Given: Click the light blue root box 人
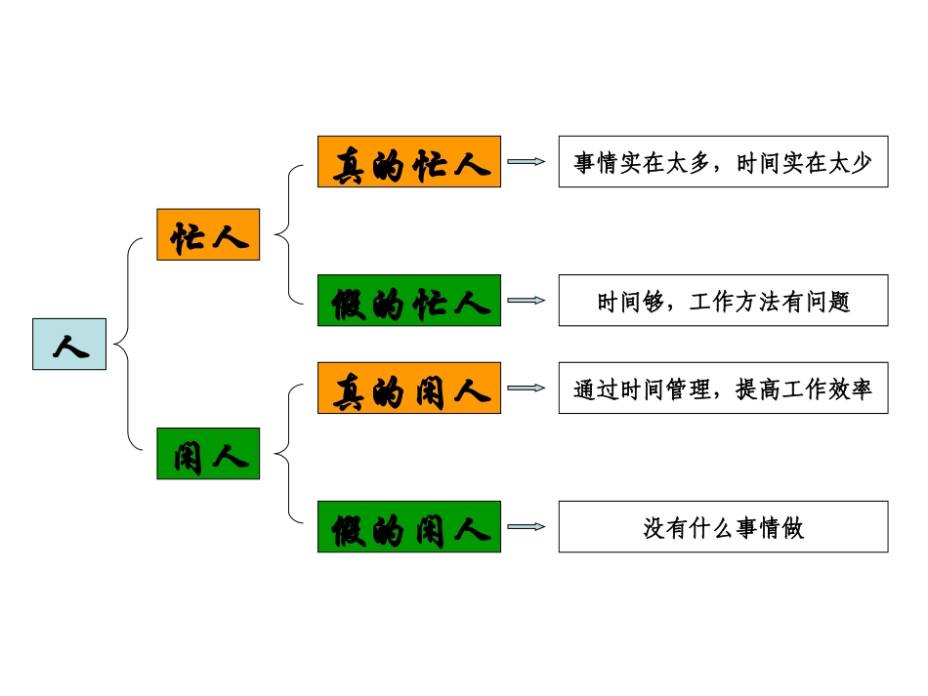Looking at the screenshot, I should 69,344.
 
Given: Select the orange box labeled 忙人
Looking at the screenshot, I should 208,234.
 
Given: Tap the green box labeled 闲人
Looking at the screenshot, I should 208,453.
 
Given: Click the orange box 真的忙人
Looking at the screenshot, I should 408,162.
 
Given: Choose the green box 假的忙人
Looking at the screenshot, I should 408,301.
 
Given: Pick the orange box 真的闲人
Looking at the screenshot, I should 408,389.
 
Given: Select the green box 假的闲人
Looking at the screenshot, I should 408,527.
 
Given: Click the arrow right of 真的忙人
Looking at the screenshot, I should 527,162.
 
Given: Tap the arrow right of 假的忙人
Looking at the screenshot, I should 527,301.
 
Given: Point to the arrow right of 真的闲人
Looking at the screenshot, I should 527,389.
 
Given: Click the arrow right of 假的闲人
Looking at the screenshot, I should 527,527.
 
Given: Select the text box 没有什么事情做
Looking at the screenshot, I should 723,527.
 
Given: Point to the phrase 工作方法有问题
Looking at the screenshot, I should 770,302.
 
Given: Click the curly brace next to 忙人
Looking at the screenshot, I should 284,234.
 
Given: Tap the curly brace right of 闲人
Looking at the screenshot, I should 284,453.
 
